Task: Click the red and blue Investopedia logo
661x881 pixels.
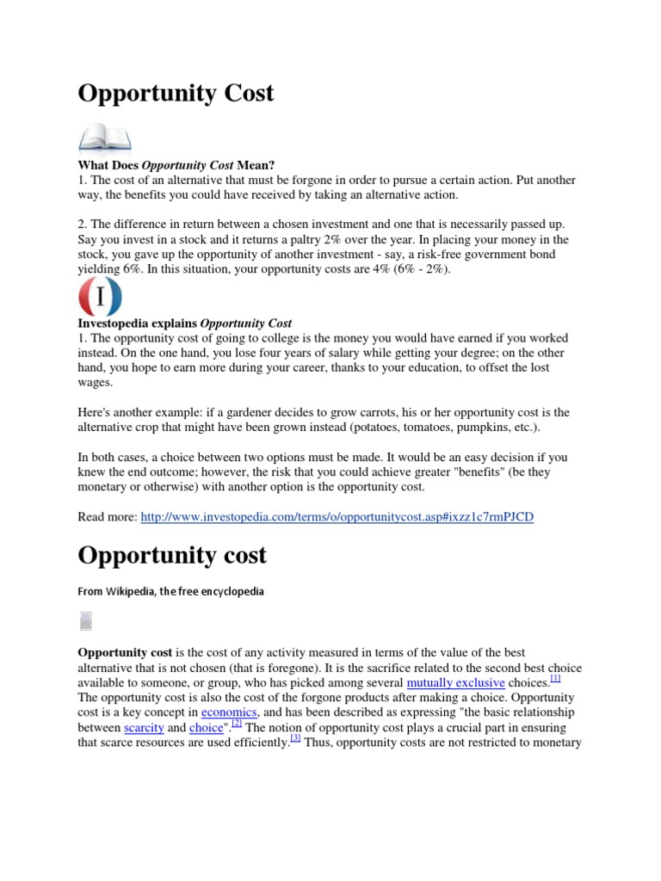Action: click(x=101, y=299)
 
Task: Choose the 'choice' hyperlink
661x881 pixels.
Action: click(x=206, y=728)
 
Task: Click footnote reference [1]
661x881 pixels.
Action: click(x=555, y=679)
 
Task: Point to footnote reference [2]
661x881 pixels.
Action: click(x=237, y=724)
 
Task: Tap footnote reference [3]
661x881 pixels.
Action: click(x=295, y=738)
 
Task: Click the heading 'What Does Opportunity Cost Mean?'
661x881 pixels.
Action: click(x=176, y=164)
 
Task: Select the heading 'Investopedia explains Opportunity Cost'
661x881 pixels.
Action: click(x=185, y=323)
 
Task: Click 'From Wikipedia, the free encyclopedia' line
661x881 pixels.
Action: click(x=171, y=592)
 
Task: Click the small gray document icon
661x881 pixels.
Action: click(x=85, y=621)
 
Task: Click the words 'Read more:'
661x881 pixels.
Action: click(x=107, y=517)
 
